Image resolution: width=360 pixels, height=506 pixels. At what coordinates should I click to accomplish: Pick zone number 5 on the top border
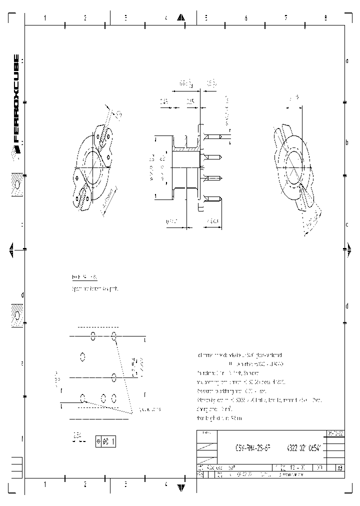(x=205, y=18)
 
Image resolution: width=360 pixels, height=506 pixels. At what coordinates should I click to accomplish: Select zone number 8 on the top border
(x=325, y=18)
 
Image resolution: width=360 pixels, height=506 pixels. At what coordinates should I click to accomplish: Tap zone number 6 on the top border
(x=245, y=18)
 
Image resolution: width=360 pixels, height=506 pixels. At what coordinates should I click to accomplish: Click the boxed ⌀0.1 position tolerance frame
(x=105, y=441)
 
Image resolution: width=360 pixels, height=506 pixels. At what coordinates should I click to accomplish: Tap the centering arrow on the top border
(x=181, y=18)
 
